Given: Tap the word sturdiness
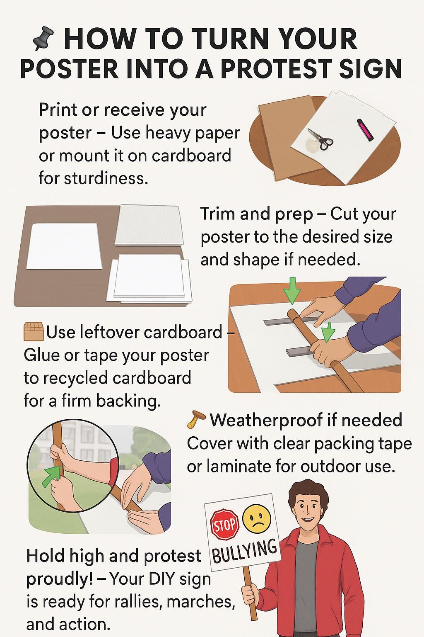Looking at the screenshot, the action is point(106,179).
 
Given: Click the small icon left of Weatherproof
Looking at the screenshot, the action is point(196,419).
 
